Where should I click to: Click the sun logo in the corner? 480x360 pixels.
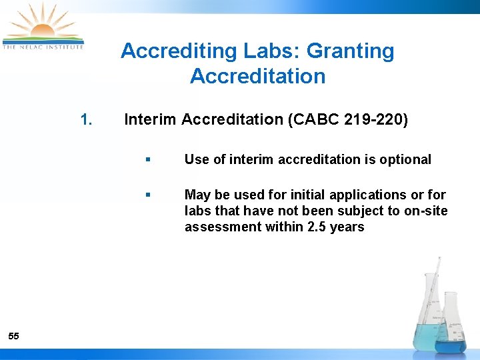point(43,24)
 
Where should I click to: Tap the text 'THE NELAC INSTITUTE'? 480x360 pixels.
point(43,47)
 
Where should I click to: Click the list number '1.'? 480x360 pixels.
point(85,120)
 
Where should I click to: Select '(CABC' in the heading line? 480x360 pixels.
point(311,120)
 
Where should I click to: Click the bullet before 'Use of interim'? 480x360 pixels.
point(147,160)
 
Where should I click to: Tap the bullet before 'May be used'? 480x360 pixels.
point(147,195)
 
